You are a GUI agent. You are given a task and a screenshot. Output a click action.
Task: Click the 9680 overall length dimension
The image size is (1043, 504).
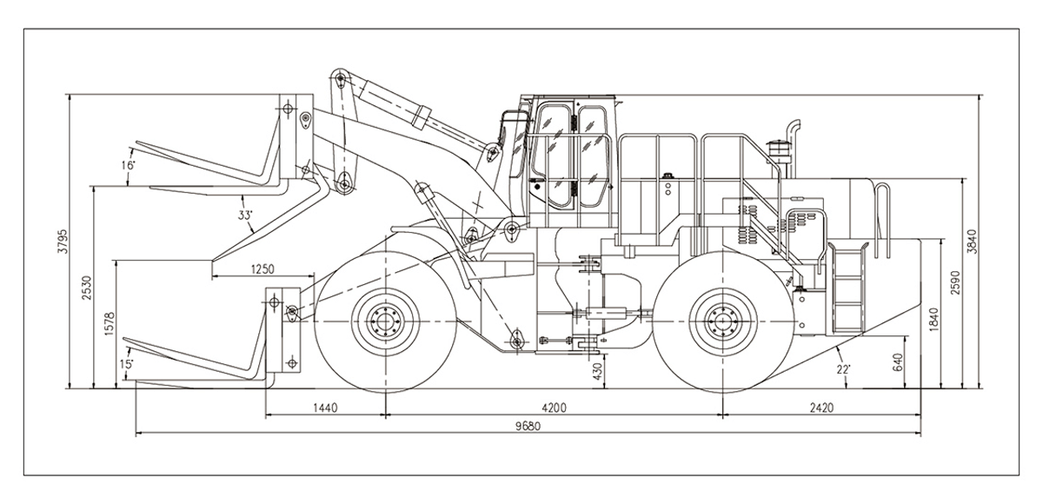coord(528,426)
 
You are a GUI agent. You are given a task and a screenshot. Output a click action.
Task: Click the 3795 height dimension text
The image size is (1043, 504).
coord(62,242)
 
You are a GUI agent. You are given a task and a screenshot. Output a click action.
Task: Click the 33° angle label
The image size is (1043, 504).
coord(246,215)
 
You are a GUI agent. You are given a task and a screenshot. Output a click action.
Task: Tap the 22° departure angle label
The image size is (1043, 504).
coord(842,369)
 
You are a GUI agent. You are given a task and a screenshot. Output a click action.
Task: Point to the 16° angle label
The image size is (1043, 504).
coord(129,165)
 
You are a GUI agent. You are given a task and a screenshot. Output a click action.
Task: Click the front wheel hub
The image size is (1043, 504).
coord(384,322)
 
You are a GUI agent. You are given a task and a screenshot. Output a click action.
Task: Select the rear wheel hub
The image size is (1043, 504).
coord(720,322)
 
